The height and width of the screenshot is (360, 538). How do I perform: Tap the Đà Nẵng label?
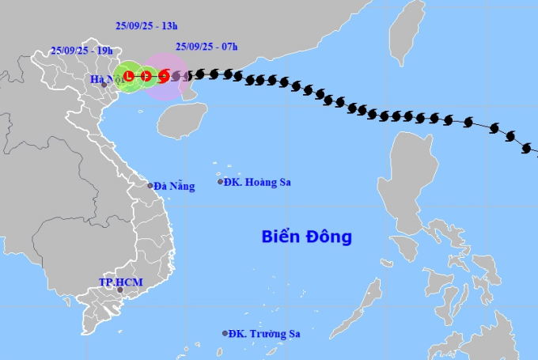pyautogui.click(x=173, y=186)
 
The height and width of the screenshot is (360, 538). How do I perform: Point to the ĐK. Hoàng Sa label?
pyautogui.click(x=257, y=183)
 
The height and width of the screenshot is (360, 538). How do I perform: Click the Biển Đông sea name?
pyautogui.click(x=307, y=237)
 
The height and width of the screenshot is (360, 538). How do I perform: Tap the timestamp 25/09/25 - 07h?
pyautogui.click(x=206, y=47)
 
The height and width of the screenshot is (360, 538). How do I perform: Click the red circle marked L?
pyautogui.click(x=127, y=76)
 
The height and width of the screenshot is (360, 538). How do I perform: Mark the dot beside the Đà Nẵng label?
pyautogui.click(x=150, y=186)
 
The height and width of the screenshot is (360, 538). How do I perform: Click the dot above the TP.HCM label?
pyautogui.click(x=120, y=290)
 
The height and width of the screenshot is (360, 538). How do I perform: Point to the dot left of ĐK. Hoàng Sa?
pyautogui.click(x=221, y=182)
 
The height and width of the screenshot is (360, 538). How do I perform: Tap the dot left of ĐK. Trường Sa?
pyautogui.click(x=225, y=333)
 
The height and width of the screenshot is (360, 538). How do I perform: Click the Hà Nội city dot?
pyautogui.click(x=103, y=85)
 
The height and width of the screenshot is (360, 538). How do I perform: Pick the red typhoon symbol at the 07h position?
pyautogui.click(x=164, y=76)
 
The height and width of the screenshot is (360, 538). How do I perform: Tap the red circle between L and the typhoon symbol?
pyautogui.click(x=146, y=76)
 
